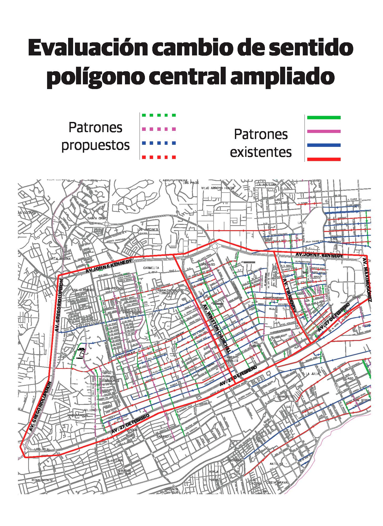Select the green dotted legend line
coord(158,115)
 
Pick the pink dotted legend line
coord(158,129)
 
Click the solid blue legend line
coord(324,145)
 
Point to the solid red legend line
coord(324,159)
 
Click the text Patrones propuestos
coord(95,136)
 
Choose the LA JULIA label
coord(312,373)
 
